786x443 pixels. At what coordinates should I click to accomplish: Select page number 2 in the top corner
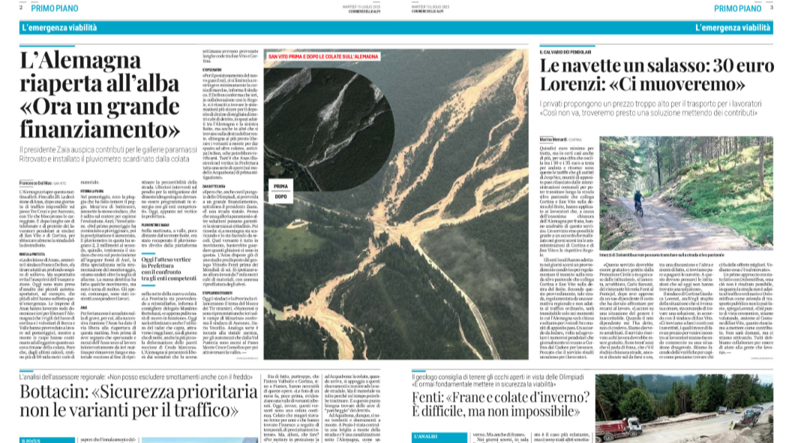tap(21, 8)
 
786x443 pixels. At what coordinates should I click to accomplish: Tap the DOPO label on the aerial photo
tap(280, 197)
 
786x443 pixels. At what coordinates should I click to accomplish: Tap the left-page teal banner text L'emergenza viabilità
tap(59, 28)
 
